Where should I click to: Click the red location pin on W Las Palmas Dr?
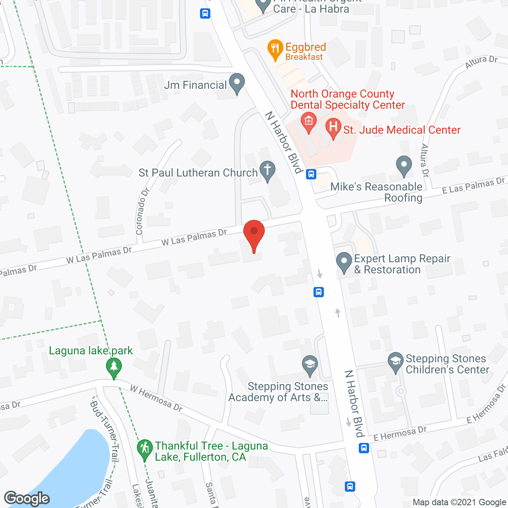(x=254, y=234)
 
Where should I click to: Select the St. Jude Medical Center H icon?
(x=333, y=127)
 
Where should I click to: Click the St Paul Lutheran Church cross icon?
(x=267, y=170)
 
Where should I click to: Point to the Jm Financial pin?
(x=237, y=83)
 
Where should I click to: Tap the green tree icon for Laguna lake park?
(x=114, y=367)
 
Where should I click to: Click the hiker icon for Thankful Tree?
(x=144, y=449)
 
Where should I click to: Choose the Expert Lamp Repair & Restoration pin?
(x=344, y=262)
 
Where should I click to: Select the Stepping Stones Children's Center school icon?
(x=395, y=362)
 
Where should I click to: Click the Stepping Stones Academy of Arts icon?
(x=310, y=364)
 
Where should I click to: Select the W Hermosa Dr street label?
(x=156, y=398)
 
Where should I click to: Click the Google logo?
(x=27, y=498)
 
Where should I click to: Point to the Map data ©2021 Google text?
(x=459, y=502)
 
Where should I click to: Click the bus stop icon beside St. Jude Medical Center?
(x=311, y=174)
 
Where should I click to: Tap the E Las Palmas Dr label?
(x=473, y=186)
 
